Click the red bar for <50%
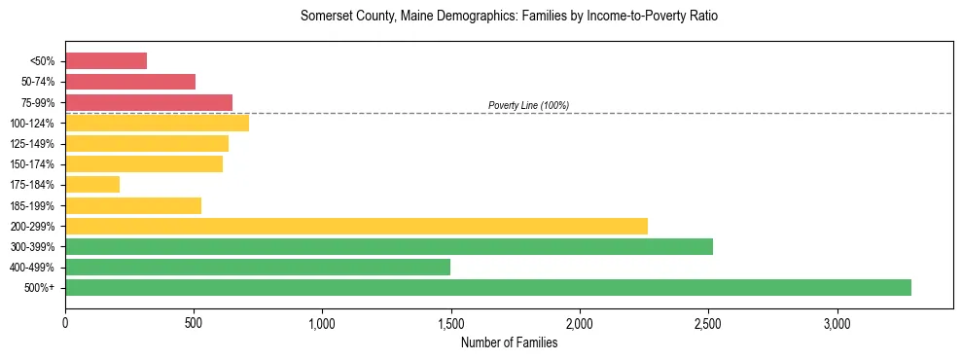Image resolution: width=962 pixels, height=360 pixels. click(x=106, y=61)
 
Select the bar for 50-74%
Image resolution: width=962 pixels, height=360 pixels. click(x=130, y=82)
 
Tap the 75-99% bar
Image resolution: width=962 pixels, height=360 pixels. click(x=149, y=102)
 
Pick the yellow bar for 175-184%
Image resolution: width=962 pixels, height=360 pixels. click(x=92, y=184)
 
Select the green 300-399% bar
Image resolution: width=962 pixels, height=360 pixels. click(x=389, y=246)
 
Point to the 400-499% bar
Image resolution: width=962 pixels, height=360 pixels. click(x=258, y=267)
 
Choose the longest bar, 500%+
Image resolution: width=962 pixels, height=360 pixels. click(x=488, y=287)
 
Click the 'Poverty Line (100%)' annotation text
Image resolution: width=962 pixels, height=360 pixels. click(x=528, y=105)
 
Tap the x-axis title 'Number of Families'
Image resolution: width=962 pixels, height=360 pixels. click(x=509, y=342)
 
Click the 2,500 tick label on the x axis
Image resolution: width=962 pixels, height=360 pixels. click(x=708, y=323)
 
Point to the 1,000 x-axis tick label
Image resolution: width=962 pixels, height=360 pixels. click(x=322, y=323)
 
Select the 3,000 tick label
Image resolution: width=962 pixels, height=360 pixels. click(x=837, y=323)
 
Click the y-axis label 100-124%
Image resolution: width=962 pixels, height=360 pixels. click(x=32, y=124)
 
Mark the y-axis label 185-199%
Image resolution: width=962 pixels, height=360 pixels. click(x=32, y=205)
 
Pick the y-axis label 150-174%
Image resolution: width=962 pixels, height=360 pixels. click(x=32, y=164)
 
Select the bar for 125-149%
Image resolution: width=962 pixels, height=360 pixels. click(x=147, y=143)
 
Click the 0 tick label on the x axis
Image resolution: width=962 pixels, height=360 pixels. click(x=65, y=323)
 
